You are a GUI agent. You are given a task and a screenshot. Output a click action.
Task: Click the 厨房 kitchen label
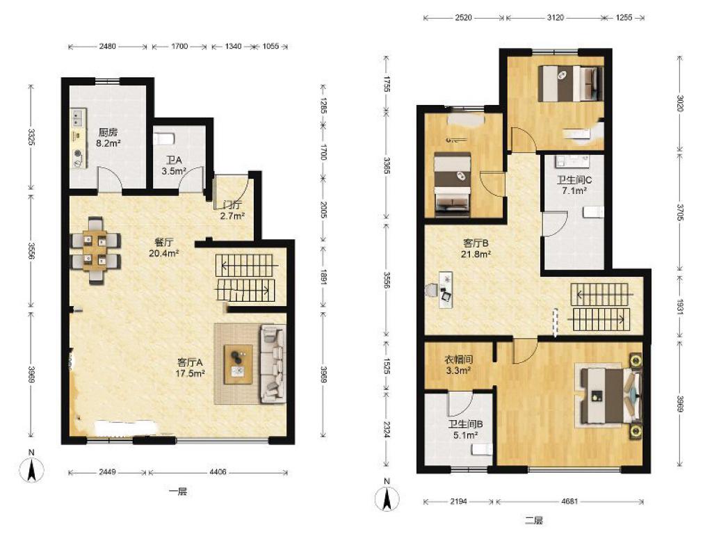tap(108, 138)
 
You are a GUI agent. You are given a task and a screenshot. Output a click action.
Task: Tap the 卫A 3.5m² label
tap(174, 165)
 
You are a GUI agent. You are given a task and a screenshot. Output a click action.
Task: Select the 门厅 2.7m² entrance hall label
tap(232, 210)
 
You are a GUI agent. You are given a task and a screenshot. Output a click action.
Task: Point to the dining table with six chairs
tap(95, 250)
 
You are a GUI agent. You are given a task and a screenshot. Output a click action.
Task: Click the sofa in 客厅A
tap(273, 364)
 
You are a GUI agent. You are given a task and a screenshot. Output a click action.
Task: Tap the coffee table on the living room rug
tap(238, 364)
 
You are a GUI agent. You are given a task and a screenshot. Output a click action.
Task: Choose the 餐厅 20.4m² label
tap(163, 248)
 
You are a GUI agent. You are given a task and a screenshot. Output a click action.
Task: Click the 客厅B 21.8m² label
tap(476, 249)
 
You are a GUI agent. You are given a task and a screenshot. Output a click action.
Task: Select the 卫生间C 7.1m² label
tap(574, 185)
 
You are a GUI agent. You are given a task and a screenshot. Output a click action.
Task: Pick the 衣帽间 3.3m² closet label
tap(458, 365)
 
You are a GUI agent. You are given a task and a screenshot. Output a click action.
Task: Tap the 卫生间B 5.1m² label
tap(465, 430)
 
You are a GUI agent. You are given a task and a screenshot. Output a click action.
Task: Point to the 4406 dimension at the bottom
tap(218, 472)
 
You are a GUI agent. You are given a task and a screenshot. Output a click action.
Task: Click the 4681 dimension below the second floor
tap(570, 501)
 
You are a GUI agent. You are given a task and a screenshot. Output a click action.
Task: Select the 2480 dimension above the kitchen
tap(108, 46)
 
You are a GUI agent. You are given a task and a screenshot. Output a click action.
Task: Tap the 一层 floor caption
tap(177, 492)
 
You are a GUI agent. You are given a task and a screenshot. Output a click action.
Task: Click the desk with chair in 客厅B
tap(440, 290)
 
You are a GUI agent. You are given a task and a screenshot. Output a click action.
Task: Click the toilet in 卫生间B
tap(481, 450)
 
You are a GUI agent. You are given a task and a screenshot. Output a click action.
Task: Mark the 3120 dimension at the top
tap(555, 17)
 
